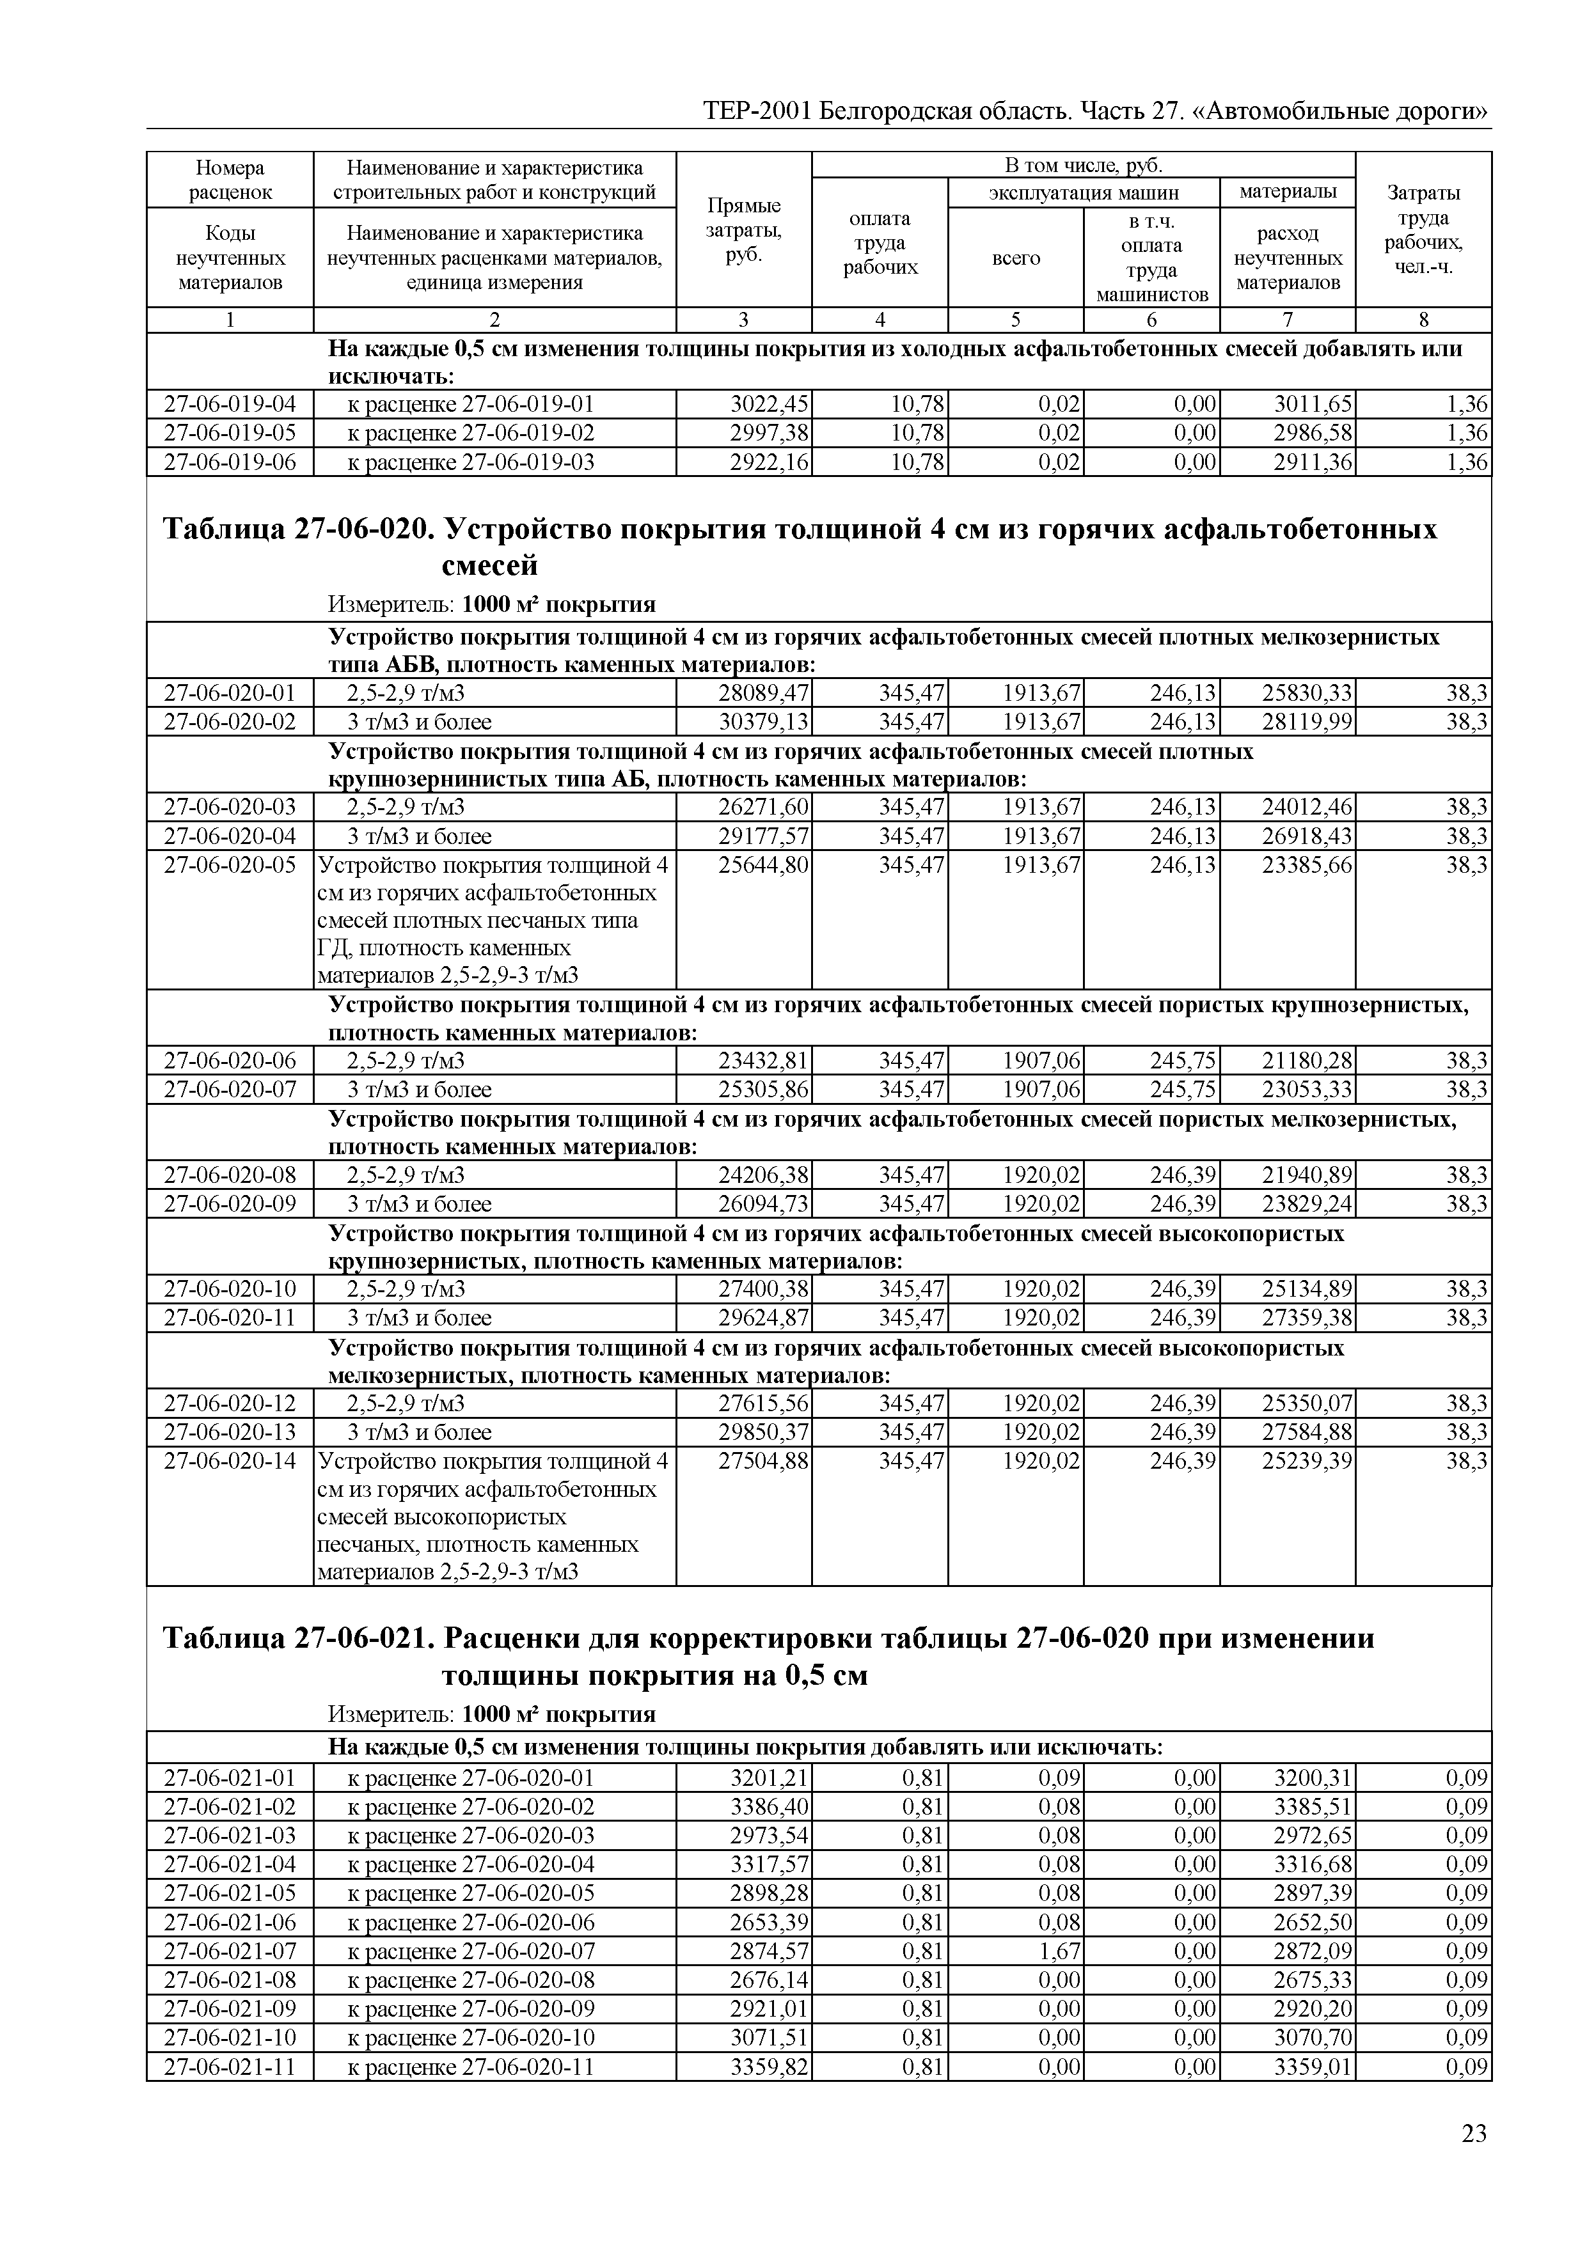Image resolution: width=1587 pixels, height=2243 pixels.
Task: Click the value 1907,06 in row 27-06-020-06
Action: point(1042,1061)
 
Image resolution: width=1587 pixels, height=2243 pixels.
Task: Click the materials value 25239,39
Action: point(1307,1462)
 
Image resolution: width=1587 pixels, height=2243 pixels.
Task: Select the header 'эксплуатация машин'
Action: point(1084,192)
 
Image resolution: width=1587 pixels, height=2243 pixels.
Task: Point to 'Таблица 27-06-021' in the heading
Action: point(295,1638)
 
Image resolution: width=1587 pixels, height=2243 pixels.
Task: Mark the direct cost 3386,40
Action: point(770,1808)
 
